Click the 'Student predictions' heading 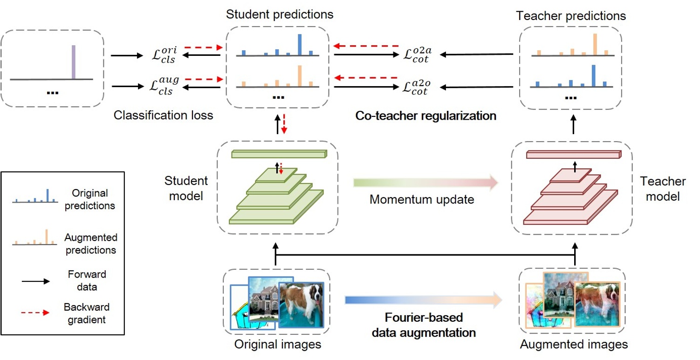pos(280,14)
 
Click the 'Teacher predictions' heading pos(571,16)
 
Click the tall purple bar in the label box pos(73,62)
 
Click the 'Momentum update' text pos(421,200)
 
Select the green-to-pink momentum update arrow pos(424,183)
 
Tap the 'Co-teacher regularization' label pos(425,116)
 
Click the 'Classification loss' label pos(163,115)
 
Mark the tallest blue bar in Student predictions pos(300,44)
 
